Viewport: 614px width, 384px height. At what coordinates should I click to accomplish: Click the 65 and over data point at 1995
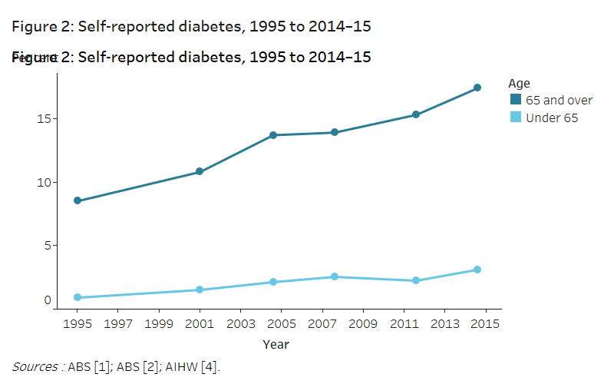coord(78,200)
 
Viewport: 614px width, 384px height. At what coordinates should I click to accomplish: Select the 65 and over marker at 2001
coord(200,171)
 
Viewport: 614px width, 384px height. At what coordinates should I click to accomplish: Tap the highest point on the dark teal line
coord(477,88)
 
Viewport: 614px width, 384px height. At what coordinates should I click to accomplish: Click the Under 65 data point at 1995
coord(78,297)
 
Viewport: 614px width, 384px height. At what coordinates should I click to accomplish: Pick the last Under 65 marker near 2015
coord(477,270)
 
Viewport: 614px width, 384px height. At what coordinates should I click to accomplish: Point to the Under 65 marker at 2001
coord(200,290)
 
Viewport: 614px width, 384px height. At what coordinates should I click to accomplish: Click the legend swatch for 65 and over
coord(516,100)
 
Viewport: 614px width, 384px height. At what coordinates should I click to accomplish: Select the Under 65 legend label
coord(551,118)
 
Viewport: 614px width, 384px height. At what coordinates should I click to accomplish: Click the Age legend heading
coord(520,83)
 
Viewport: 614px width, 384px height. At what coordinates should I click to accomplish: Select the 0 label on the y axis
coord(47,301)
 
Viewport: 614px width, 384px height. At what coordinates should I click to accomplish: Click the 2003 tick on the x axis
coord(240,324)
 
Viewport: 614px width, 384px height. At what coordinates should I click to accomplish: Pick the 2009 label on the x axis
coord(363,324)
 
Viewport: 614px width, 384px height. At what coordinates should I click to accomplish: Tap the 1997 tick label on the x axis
coord(118,324)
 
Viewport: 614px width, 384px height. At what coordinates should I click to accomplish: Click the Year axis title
coord(276,344)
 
